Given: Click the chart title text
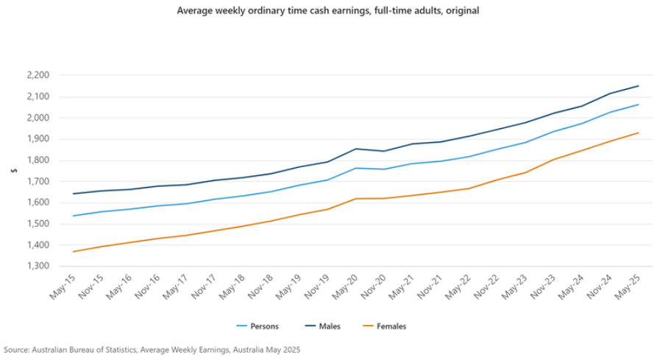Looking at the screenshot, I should pyautogui.click(x=328, y=11).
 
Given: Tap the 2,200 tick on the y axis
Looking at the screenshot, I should pyautogui.click(x=37, y=75).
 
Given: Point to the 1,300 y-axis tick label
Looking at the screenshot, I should pyautogui.click(x=37, y=266).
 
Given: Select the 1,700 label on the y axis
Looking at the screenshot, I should pyautogui.click(x=37, y=181).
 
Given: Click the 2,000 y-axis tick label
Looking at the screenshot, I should pyautogui.click(x=37, y=118).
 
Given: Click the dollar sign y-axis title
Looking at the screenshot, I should pyautogui.click(x=13, y=171).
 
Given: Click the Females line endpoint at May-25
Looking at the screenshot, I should pyautogui.click(x=639, y=133).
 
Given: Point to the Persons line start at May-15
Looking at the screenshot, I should pyautogui.click(x=74, y=216).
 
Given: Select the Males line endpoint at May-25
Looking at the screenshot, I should pyautogui.click(x=639, y=86).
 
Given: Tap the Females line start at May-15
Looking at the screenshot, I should pyautogui.click(x=74, y=252).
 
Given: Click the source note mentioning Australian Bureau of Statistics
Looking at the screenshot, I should pyautogui.click(x=152, y=349).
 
